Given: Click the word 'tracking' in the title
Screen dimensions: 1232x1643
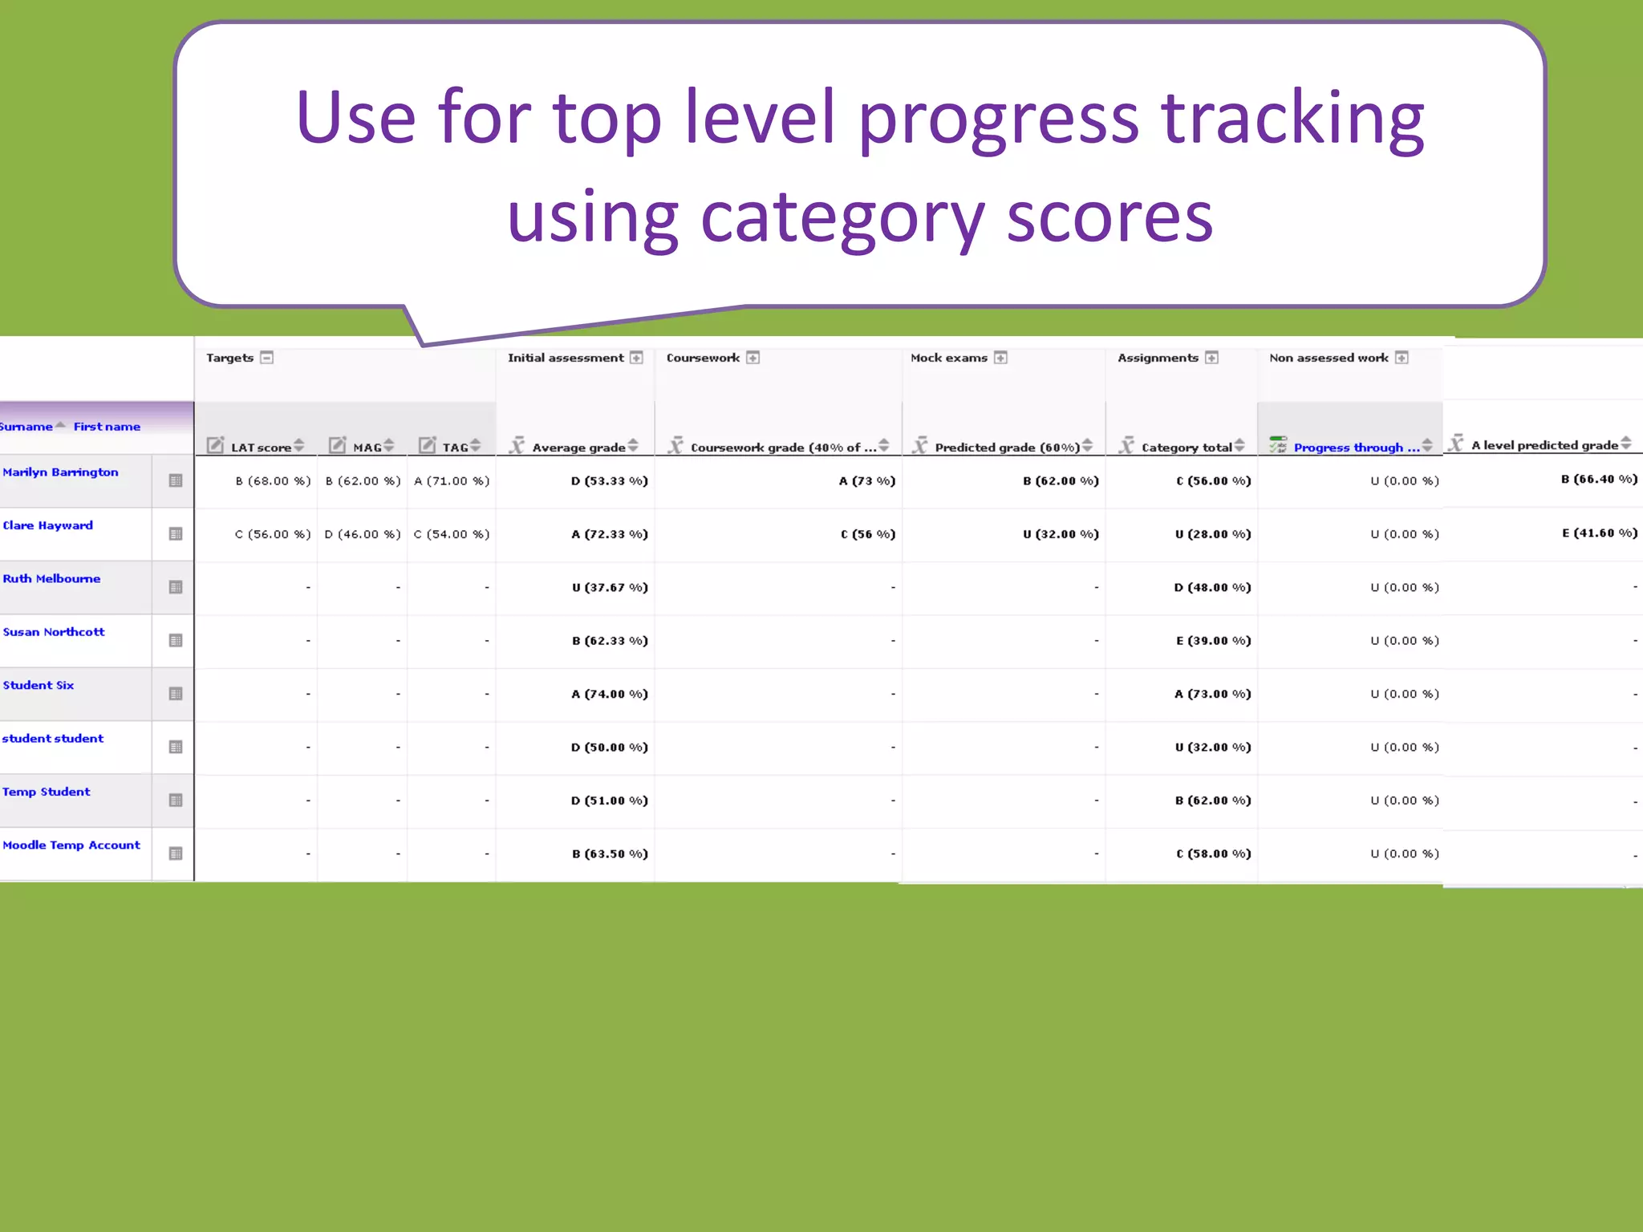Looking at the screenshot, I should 1292,120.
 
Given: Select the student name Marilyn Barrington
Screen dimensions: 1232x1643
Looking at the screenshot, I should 60,472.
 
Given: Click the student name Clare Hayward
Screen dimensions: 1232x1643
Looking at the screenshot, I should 48,525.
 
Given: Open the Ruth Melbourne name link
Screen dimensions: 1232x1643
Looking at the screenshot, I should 51,579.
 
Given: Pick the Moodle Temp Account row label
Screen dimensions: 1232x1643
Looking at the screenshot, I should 71,845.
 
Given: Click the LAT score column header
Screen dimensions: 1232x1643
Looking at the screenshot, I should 261,448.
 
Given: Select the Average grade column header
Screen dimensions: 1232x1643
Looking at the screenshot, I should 578,448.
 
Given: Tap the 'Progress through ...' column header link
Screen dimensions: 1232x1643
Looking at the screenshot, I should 1356,448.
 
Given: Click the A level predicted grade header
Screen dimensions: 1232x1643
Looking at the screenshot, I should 1544,445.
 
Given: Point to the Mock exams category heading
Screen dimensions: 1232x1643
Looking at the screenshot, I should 949,358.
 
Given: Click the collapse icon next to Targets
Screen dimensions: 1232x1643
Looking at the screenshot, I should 267,358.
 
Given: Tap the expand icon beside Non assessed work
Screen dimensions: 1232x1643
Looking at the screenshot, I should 1402,358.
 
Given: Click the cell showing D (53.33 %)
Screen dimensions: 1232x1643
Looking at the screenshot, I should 609,481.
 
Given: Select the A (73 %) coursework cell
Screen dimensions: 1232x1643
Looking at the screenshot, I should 866,481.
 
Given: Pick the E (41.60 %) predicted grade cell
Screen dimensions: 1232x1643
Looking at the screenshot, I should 1599,533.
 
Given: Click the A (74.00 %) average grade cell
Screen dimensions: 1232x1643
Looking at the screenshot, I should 609,695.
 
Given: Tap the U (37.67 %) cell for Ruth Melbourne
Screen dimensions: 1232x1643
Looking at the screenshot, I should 609,588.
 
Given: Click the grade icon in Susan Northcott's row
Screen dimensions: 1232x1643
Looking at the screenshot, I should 176,641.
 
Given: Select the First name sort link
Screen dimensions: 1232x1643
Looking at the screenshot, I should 107,427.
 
